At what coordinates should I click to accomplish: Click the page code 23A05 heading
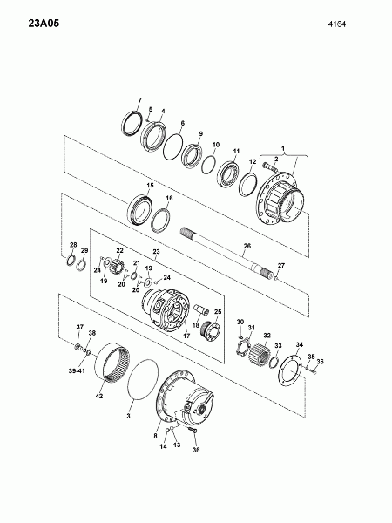44,24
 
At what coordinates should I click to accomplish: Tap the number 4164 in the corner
336,24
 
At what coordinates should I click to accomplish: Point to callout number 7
140,100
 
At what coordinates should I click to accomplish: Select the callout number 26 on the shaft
247,246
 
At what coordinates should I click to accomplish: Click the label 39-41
77,371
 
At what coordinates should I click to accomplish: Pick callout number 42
99,396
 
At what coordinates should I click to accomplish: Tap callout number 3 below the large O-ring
128,416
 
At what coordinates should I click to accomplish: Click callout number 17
186,336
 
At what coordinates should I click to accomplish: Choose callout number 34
300,344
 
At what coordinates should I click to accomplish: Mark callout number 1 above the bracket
284,148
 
